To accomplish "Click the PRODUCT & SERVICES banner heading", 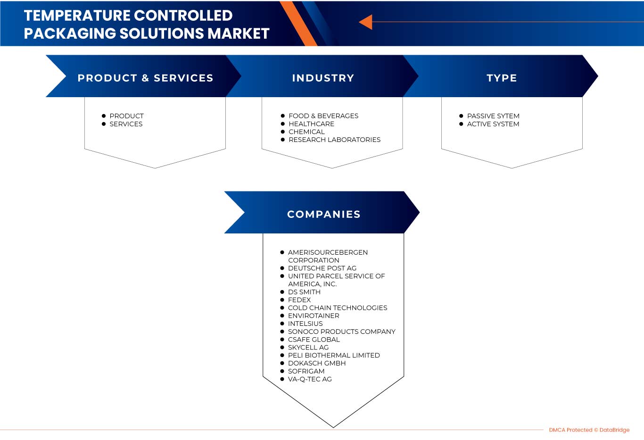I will pos(145,78).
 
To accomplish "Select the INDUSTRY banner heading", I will pos(323,78).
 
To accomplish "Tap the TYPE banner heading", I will pos(502,78).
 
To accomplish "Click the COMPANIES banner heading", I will pos(323,214).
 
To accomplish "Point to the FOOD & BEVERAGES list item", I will pos(323,116).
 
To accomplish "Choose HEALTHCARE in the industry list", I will pos(311,124).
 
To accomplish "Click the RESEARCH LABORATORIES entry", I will pos(334,140).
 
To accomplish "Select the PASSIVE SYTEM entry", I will pos(493,116).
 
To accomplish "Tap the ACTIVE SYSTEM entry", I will pos(493,124).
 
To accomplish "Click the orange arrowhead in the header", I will pos(366,22).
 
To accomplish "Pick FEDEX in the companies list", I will pos(299,300).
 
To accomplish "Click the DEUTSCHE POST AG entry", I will pos(322,268).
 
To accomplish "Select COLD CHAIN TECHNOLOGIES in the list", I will pos(338,308).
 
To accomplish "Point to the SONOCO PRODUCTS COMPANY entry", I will pos(341,332).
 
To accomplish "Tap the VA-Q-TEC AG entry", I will pos(310,379).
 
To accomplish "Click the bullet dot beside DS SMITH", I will pos(282,292).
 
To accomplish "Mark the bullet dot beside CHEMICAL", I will pos(283,132).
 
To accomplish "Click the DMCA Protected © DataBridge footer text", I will pos(589,430).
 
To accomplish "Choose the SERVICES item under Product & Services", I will pos(126,124).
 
